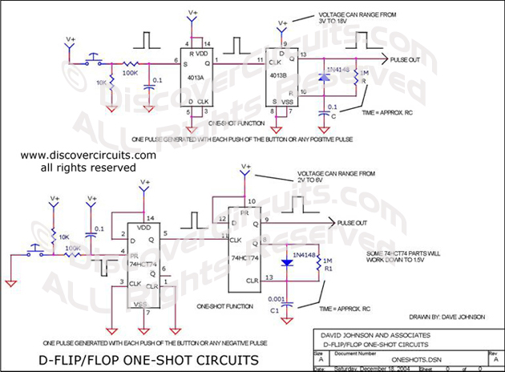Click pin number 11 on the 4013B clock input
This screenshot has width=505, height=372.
click(x=259, y=60)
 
